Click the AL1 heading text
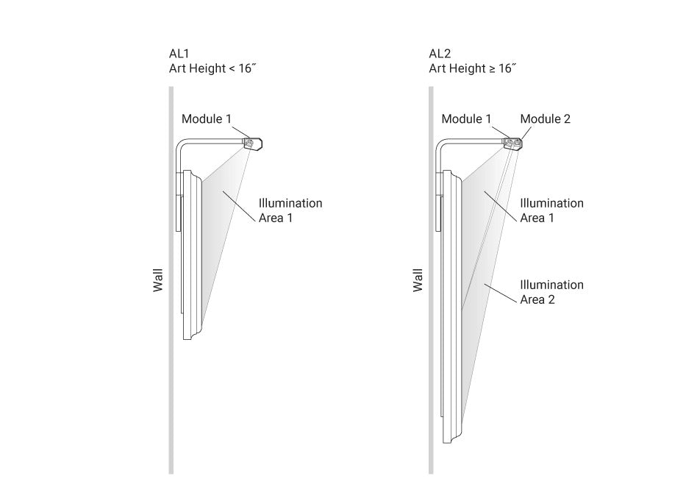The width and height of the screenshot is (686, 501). click(179, 54)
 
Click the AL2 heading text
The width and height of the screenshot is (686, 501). click(440, 54)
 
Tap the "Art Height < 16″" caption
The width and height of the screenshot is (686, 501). click(212, 68)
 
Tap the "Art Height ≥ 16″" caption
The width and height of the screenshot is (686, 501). click(473, 68)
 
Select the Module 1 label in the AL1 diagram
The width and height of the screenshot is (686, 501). click(207, 118)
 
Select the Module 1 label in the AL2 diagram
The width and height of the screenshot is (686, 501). click(466, 118)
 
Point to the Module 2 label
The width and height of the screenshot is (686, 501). click(545, 118)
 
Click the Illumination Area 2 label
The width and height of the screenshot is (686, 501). click(551, 292)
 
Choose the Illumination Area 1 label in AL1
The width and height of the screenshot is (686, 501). click(290, 210)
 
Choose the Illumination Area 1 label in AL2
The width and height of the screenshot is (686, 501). click(551, 210)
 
